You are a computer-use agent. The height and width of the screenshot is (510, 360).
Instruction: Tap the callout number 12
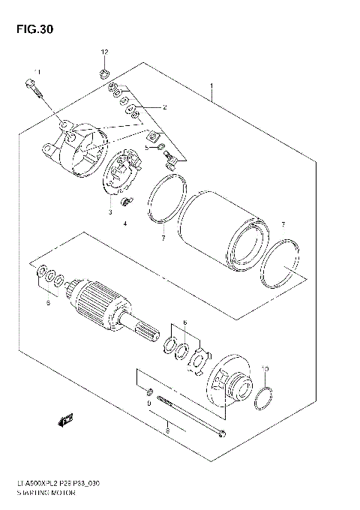104,51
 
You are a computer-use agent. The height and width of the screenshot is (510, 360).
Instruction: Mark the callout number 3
109,212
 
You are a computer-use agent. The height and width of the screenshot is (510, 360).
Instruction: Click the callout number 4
126,223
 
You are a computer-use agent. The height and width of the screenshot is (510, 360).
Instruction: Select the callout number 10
263,368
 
